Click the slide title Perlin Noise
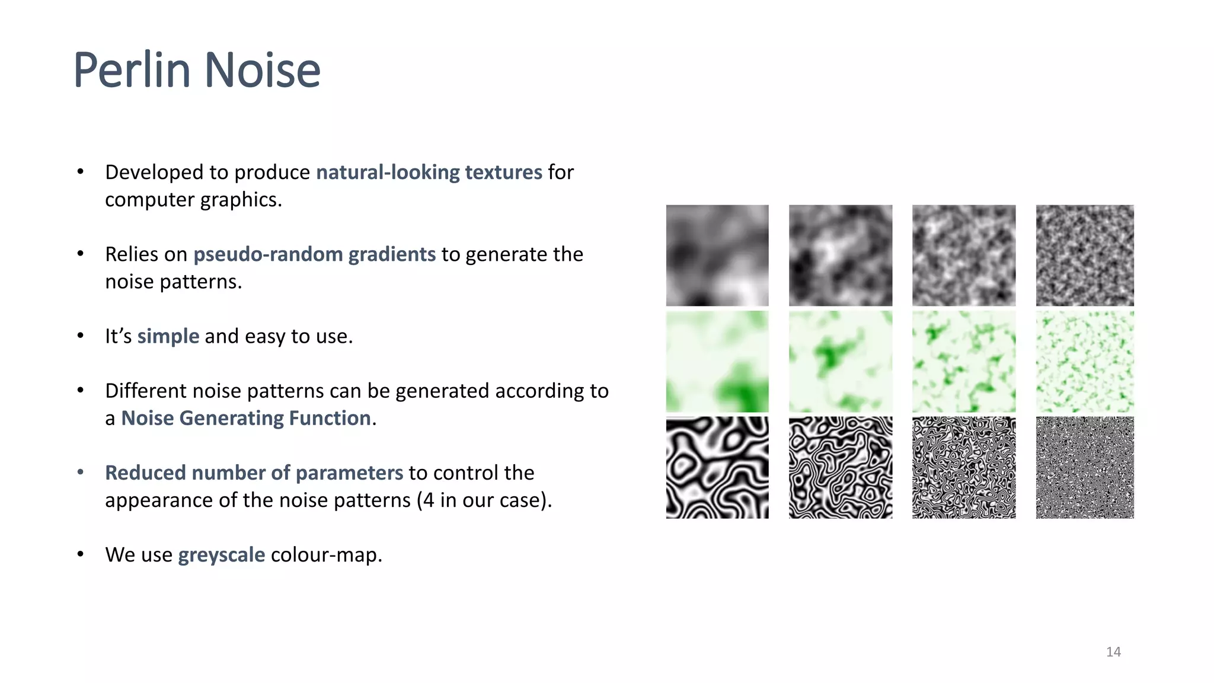(197, 71)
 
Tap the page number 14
(1113, 652)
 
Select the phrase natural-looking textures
(429, 172)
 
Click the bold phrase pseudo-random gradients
(315, 254)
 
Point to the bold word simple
(168, 336)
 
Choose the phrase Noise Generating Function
(246, 418)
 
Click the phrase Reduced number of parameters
(254, 473)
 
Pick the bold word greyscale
(222, 554)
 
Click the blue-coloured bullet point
(81, 473)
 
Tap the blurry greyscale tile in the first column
(717, 256)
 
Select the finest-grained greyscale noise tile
(1085, 256)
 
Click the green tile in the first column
(717, 361)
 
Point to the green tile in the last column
(1085, 361)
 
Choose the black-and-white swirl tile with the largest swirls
(717, 467)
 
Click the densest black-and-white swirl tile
(1085, 467)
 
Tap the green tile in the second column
(841, 361)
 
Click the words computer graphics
(193, 200)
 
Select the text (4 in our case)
(484, 500)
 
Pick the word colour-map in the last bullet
(326, 554)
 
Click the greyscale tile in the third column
(964, 256)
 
